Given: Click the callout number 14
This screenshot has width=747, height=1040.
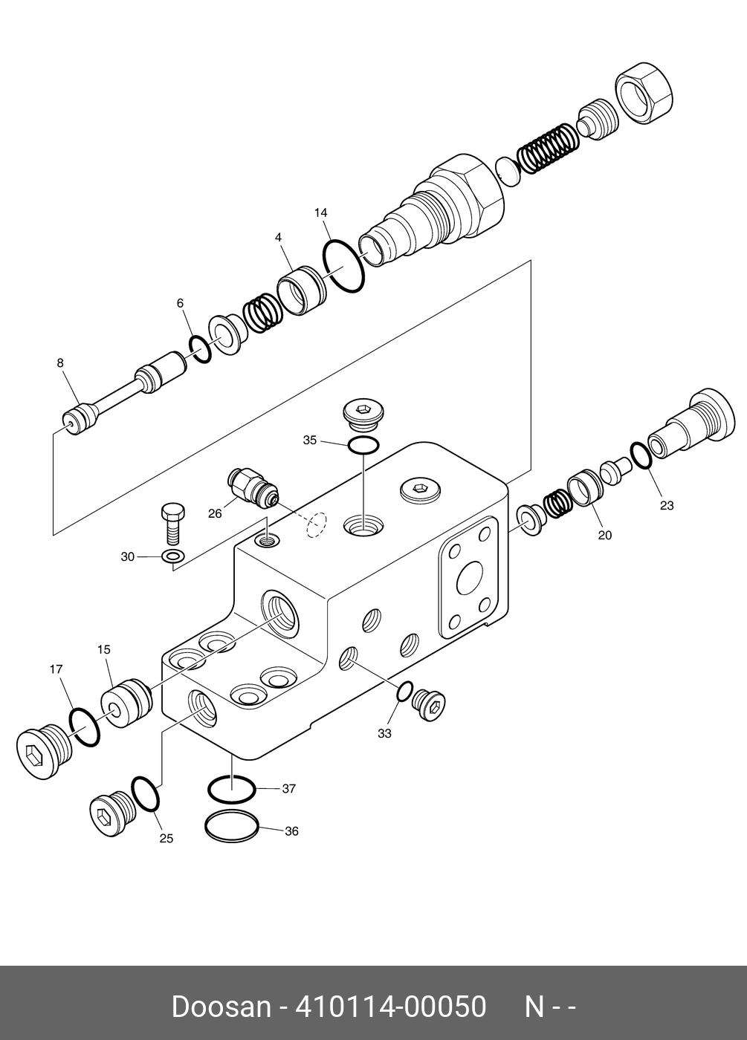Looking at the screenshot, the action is click(x=320, y=213).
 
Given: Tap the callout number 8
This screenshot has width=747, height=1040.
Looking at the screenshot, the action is click(x=60, y=363).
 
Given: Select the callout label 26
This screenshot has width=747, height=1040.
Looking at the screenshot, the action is click(x=215, y=513).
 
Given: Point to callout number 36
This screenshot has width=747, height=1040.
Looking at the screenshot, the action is click(x=291, y=831).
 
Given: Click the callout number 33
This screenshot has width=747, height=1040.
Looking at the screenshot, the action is click(x=384, y=733).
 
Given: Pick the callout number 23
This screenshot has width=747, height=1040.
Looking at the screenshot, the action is click(x=667, y=505).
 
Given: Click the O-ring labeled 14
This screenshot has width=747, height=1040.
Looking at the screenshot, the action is click(x=343, y=265).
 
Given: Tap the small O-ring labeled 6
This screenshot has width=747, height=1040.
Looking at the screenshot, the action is click(x=199, y=348).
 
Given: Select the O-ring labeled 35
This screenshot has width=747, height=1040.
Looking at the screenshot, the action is click(x=363, y=446).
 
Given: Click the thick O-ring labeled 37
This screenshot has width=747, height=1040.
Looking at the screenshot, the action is click(x=232, y=788).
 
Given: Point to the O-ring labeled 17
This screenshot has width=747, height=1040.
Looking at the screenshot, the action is click(x=84, y=728).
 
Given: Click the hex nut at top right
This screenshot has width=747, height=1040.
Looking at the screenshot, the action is click(x=645, y=91).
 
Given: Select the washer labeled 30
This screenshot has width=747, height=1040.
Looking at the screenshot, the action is click(x=173, y=557).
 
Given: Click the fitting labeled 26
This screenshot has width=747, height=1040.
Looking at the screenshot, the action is click(x=253, y=487).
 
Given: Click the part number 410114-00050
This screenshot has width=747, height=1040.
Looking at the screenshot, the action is click(x=391, y=1007).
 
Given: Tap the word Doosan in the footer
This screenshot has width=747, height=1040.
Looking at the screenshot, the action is click(x=221, y=1007).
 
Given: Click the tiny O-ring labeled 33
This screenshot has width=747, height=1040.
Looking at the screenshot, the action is click(x=403, y=692).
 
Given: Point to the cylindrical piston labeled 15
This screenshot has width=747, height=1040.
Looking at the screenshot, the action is click(x=126, y=703).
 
